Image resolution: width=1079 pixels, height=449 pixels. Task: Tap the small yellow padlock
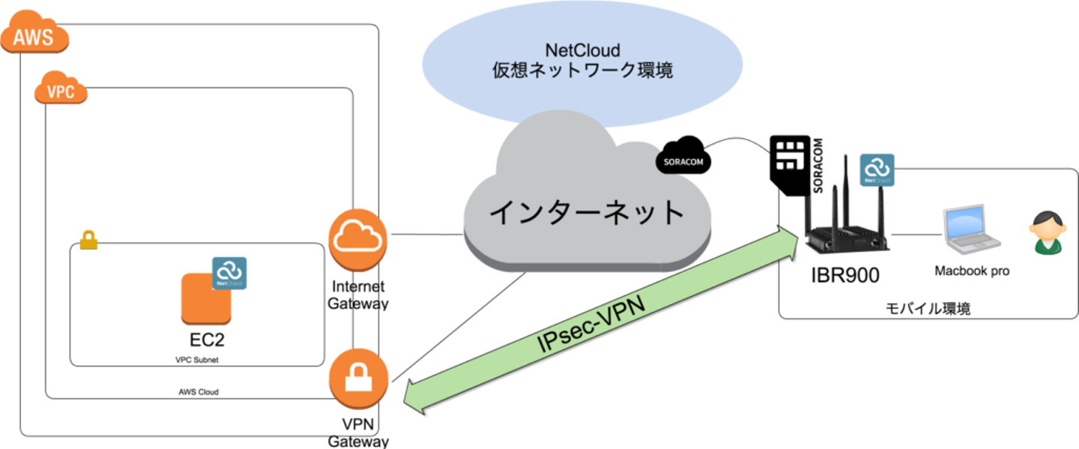pos(88,241)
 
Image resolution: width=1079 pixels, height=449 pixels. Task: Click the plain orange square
pos(205,298)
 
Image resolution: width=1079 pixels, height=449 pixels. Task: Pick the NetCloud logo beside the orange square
pos(229,273)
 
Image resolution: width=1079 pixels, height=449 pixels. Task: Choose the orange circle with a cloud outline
pos(358,239)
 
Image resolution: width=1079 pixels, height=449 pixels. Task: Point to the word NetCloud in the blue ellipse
pos(582,51)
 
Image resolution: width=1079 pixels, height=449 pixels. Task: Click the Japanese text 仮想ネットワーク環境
pos(582,71)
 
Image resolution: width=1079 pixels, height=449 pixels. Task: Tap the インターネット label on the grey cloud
pos(587,213)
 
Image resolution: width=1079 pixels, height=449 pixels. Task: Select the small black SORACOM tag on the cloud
pos(683,161)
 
